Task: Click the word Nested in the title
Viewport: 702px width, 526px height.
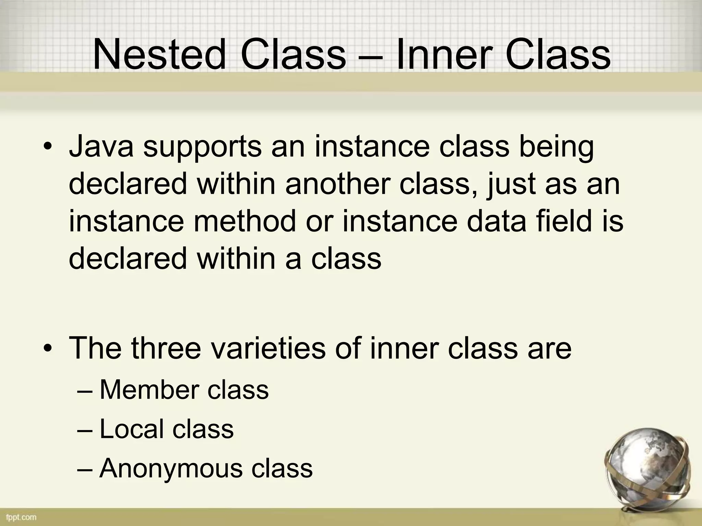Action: (159, 55)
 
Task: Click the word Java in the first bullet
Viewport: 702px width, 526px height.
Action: (101, 147)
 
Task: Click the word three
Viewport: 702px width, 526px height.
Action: (166, 348)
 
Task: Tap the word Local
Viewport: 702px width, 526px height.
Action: (132, 429)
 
